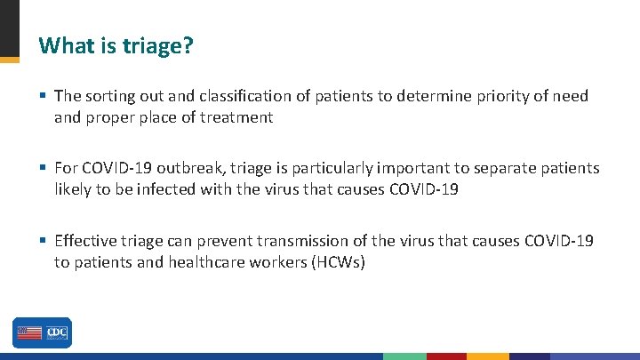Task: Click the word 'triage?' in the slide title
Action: [156, 45]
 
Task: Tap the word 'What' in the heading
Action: [61, 45]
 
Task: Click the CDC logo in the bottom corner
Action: [42, 332]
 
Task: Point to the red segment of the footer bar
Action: [446, 356]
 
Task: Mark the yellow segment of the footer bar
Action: [488, 356]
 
